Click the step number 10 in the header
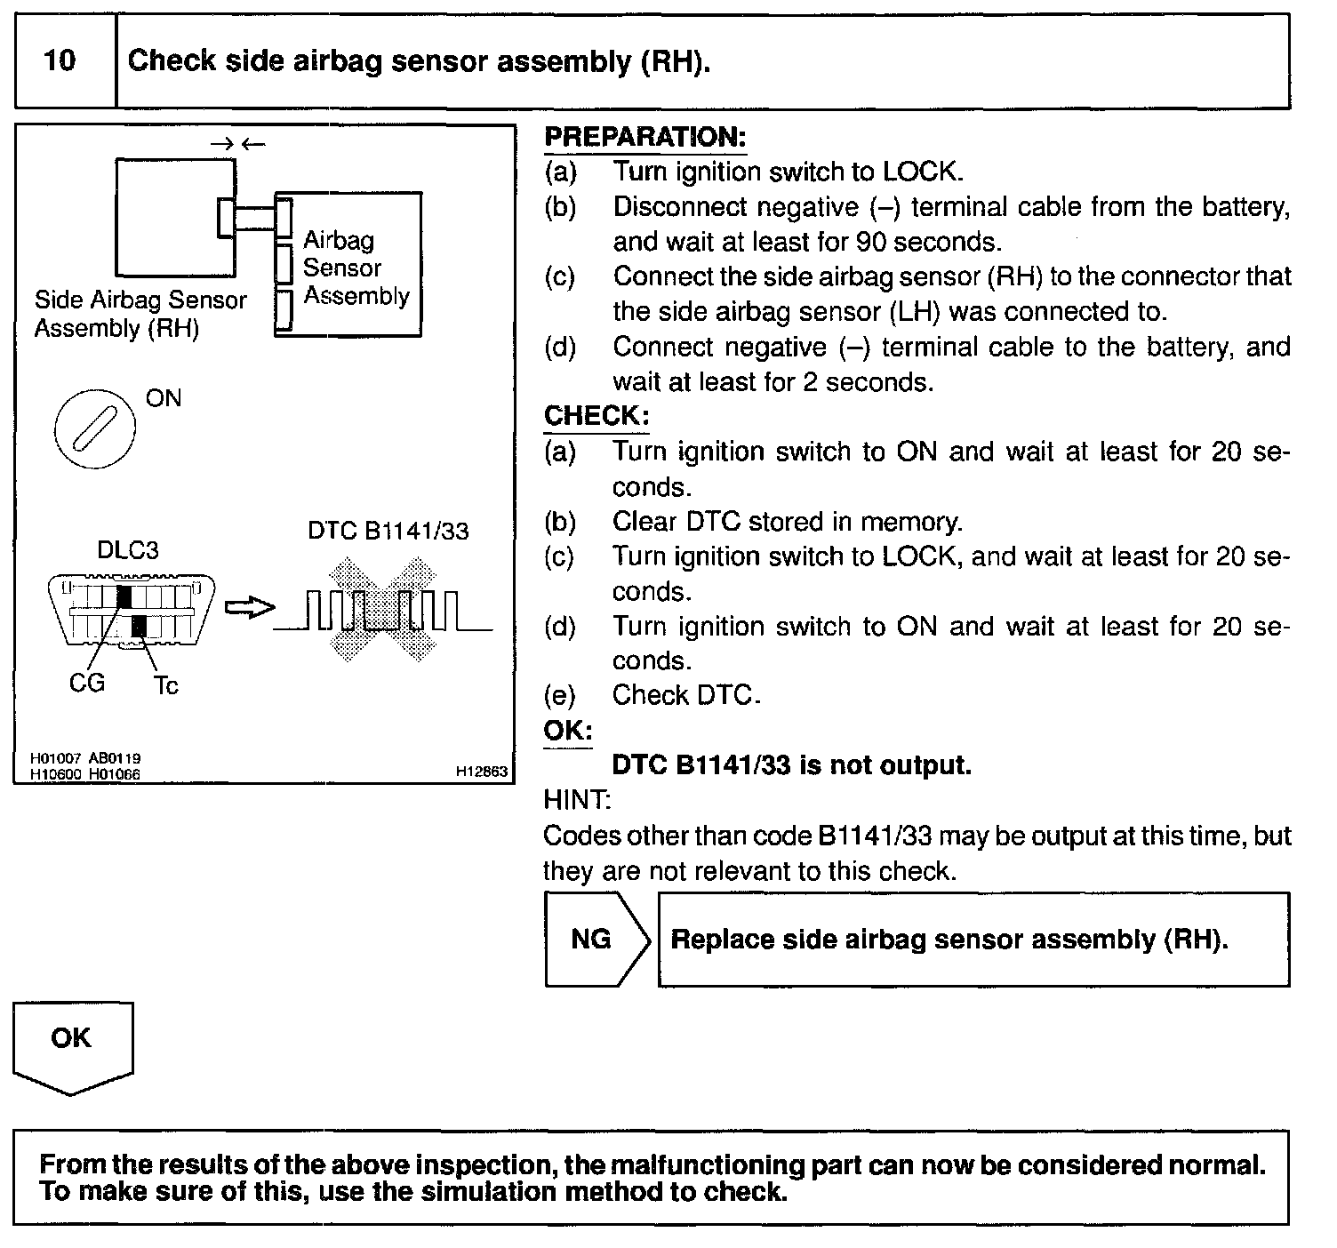pyautogui.click(x=60, y=60)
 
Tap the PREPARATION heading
pyautogui.click(x=644, y=137)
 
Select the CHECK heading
pyautogui.click(x=596, y=416)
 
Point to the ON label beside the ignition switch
pyautogui.click(x=164, y=398)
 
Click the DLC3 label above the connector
pyautogui.click(x=127, y=550)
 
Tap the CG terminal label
pyautogui.click(x=87, y=683)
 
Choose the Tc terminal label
pyautogui.click(x=166, y=685)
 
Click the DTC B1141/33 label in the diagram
pyautogui.click(x=388, y=531)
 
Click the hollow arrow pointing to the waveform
pyautogui.click(x=249, y=608)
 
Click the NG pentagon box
pyautogui.click(x=592, y=940)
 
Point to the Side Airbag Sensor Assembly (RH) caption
pyautogui.click(x=140, y=314)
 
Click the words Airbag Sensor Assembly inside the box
pyautogui.click(x=356, y=268)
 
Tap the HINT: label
pyautogui.click(x=576, y=800)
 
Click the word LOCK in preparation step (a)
pyautogui.click(x=921, y=172)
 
